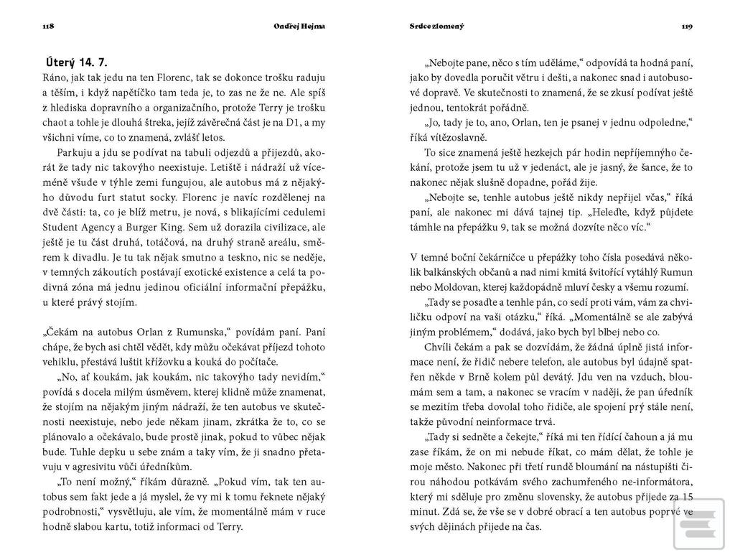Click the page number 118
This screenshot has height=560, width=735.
[49, 27]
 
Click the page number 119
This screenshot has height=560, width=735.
[687, 27]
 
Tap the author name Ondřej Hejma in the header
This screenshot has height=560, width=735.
[299, 27]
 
